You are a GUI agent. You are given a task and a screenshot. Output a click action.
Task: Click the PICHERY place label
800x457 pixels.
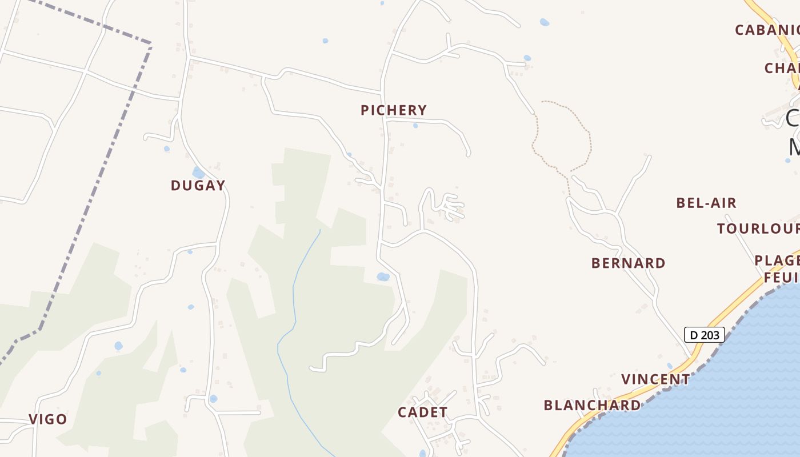click(394, 110)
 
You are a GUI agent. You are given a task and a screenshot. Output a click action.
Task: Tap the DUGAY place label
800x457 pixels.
click(198, 186)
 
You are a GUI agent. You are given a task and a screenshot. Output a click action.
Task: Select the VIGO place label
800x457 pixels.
click(48, 419)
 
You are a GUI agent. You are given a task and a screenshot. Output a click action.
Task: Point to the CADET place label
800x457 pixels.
click(423, 412)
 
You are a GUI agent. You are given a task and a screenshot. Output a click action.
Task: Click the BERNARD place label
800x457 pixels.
click(628, 263)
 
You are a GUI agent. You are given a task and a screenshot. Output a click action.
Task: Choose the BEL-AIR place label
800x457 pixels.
click(706, 203)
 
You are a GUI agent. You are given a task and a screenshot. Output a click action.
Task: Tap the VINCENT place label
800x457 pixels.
click(656, 379)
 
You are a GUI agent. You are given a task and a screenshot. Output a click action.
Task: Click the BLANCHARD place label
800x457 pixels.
click(592, 406)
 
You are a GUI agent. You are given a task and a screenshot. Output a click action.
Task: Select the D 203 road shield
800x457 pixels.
click(705, 335)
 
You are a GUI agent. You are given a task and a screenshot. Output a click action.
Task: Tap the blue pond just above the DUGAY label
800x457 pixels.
click(198, 172)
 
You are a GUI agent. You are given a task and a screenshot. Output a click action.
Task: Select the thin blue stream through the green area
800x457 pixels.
click(294, 297)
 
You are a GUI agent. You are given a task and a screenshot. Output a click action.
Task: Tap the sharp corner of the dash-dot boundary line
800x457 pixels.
click(150, 43)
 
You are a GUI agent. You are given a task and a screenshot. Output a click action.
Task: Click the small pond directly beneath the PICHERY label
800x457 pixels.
click(415, 126)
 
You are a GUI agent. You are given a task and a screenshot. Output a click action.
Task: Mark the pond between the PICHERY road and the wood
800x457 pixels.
click(383, 277)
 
